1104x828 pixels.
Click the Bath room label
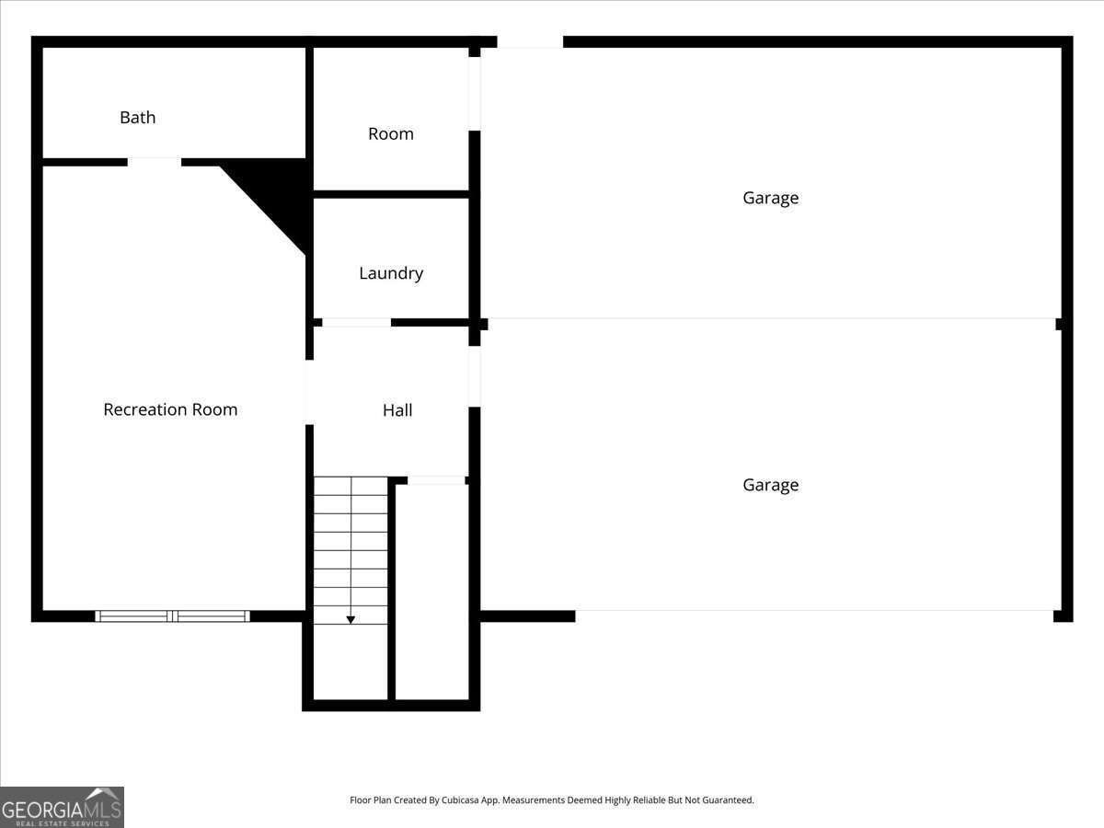coord(138,118)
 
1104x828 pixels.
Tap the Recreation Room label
coord(170,410)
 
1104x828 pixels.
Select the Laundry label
coord(391,273)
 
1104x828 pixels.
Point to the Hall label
coord(397,410)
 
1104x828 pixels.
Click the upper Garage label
coord(770,198)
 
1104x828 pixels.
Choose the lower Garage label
coord(770,485)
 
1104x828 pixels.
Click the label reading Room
coord(391,134)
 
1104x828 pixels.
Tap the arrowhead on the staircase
coord(351,620)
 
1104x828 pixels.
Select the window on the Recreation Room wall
coord(172,615)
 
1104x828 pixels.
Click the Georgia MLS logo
coord(62,807)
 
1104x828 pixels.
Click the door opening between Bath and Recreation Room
coord(155,162)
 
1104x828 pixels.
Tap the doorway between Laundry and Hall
coord(356,323)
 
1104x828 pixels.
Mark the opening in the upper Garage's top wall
coord(530,42)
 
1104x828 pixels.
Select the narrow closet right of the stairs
coord(431,589)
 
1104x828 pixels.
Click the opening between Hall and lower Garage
coord(475,375)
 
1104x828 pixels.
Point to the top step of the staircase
coord(351,486)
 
